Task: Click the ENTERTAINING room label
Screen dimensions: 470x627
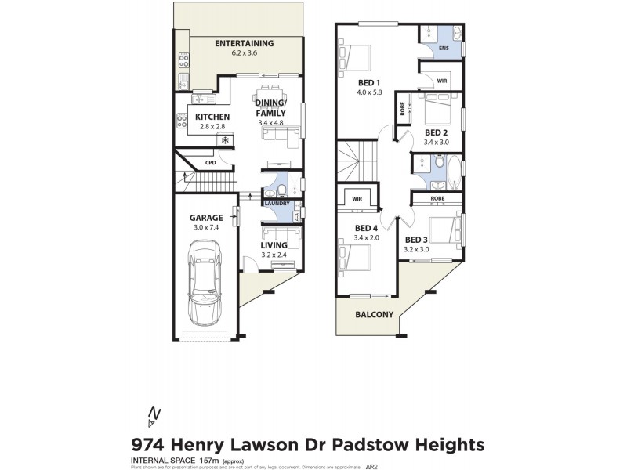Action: (244, 43)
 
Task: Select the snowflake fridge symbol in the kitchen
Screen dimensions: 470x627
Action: (226, 141)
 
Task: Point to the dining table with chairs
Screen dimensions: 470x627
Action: (271, 87)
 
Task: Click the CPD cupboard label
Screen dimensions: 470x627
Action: (210, 163)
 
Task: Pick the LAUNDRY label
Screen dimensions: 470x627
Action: (277, 204)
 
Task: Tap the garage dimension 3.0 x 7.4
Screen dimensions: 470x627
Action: (206, 227)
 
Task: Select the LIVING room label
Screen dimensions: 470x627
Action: (274, 245)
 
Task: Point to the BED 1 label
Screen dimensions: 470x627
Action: (368, 83)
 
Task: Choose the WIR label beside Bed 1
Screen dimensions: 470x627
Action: (441, 80)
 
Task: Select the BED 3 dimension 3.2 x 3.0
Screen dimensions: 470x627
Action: (418, 250)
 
